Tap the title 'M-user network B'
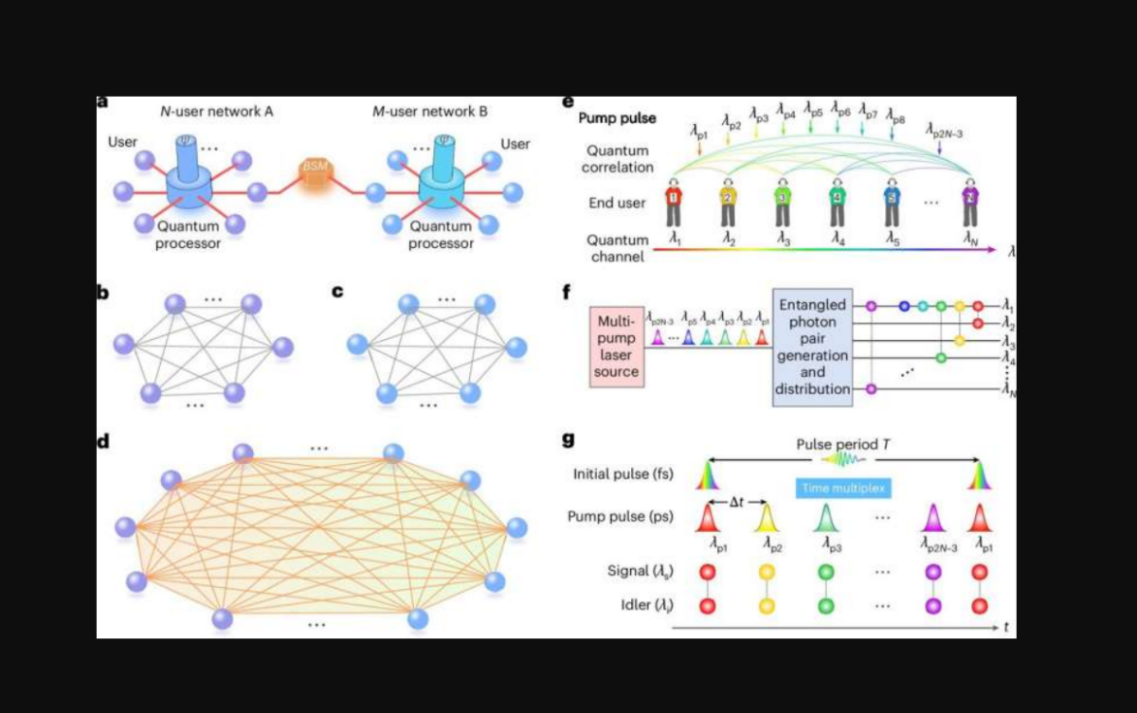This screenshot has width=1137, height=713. pos(430,112)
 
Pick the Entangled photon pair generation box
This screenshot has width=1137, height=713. pos(812,347)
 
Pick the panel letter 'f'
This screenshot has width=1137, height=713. pos(568,291)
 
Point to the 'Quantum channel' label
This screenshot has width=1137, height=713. pos(618,248)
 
